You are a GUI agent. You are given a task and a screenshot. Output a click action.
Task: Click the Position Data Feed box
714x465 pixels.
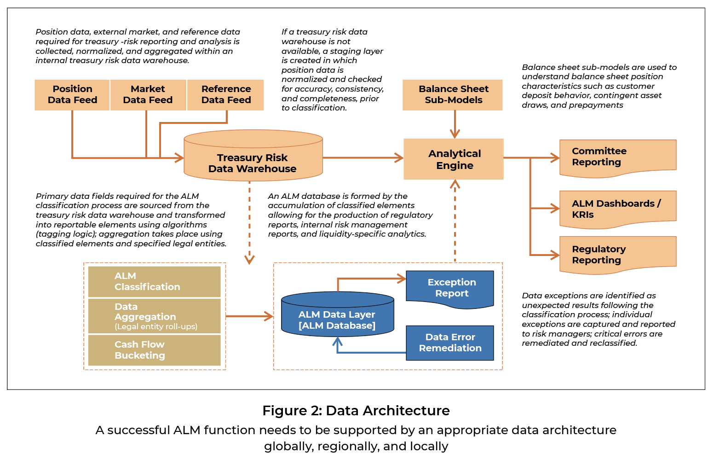(72, 95)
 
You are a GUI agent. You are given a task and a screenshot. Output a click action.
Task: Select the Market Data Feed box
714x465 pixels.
(148, 95)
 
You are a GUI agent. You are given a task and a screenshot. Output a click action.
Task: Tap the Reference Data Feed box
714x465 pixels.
(225, 95)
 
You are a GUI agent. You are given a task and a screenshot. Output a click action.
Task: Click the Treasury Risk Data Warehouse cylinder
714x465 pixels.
(253, 155)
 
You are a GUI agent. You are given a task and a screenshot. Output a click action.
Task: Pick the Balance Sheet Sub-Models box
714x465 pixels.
(453, 95)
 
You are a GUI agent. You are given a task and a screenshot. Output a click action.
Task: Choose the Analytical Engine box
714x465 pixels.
(454, 159)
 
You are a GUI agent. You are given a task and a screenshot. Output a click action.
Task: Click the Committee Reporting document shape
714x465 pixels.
(618, 158)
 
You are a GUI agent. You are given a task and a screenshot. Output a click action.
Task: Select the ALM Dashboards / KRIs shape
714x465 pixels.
(618, 209)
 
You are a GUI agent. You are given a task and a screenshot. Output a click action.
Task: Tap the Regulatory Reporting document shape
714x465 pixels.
(618, 255)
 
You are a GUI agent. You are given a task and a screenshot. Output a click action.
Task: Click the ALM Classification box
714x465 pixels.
(154, 282)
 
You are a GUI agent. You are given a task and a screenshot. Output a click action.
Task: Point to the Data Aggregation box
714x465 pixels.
(154, 316)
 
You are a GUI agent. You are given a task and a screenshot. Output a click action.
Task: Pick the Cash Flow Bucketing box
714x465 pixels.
(154, 350)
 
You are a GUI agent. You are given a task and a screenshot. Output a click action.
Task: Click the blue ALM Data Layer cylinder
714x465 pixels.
(338, 314)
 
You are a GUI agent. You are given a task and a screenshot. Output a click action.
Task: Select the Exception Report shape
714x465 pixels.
(450, 289)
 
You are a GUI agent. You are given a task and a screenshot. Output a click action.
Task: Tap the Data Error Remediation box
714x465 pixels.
(450, 343)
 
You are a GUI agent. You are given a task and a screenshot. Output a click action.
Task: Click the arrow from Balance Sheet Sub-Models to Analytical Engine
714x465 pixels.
(455, 124)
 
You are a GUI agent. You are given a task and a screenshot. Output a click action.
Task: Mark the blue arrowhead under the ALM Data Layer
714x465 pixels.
(338, 342)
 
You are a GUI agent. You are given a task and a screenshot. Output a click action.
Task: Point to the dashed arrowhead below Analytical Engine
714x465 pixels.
(455, 184)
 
